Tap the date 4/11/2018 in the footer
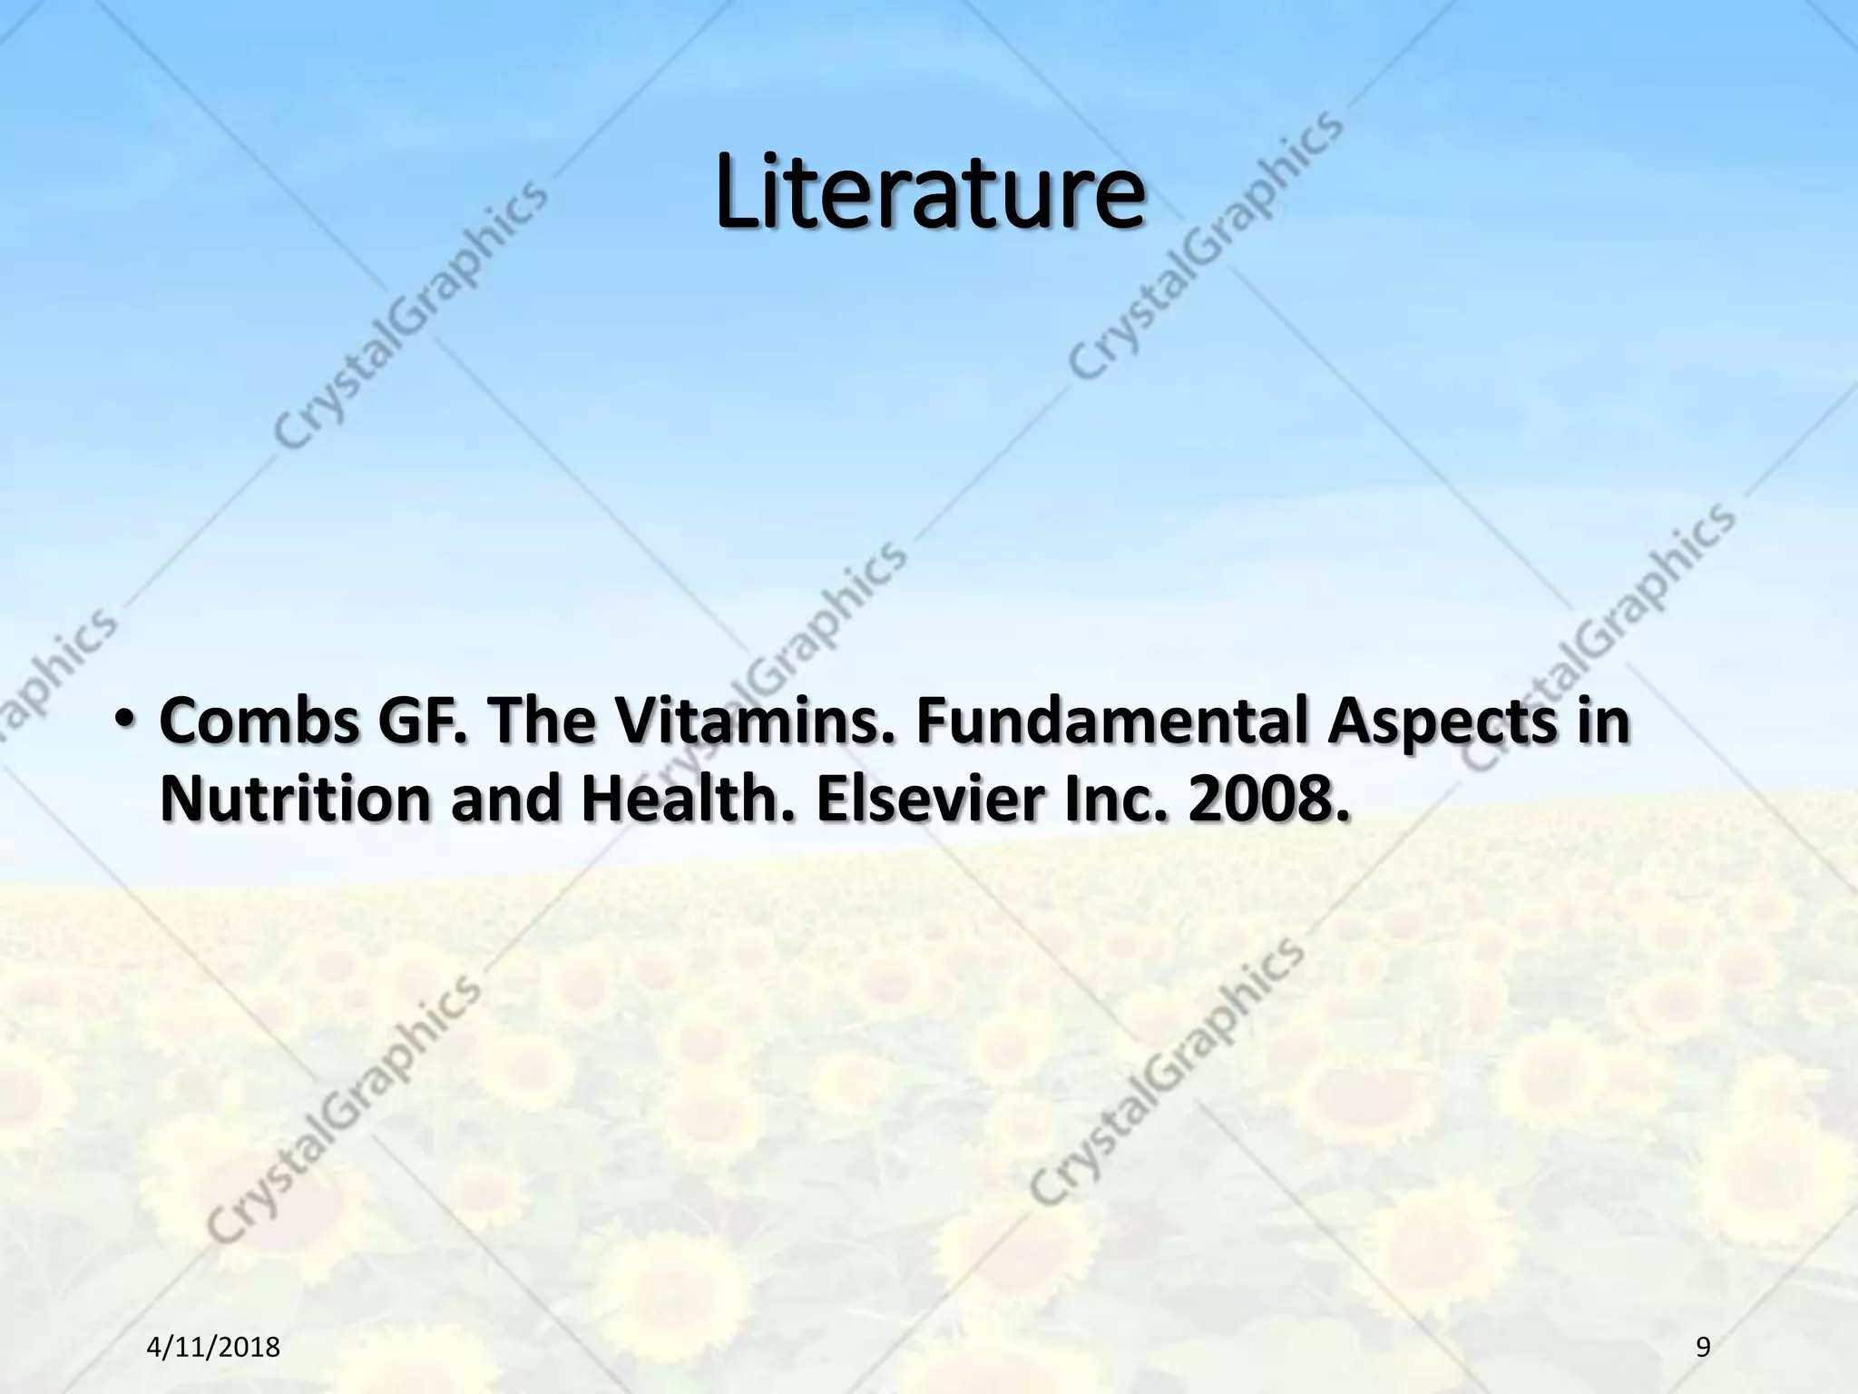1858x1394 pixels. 213,1348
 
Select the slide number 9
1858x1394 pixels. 1702,1348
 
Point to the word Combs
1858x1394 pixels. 259,722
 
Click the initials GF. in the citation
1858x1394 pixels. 421,722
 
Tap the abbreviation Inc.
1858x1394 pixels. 1116,800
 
